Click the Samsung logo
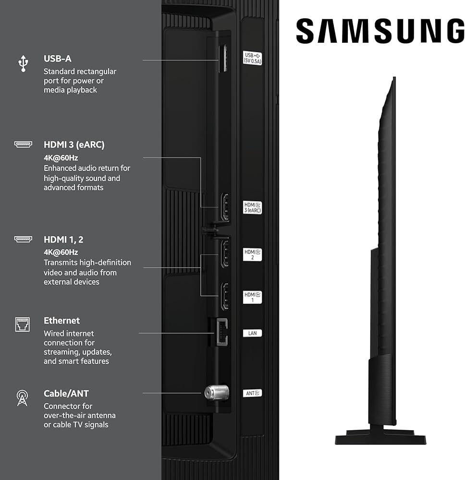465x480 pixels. (380, 32)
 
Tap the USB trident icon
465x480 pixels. (23, 63)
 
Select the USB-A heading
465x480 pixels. (57, 59)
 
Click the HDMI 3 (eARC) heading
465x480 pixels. (73, 144)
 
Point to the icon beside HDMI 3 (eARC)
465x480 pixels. (23, 144)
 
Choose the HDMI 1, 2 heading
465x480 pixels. (63, 240)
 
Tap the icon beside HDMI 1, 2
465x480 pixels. (23, 239)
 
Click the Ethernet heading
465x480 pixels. (61, 320)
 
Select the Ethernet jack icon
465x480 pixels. (23, 324)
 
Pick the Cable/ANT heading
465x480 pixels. (66, 394)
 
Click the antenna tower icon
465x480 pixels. (23, 398)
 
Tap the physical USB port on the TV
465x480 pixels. (223, 59)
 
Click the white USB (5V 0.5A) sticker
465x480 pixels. (252, 58)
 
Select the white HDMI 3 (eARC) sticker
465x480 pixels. (252, 207)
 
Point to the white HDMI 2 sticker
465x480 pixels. (252, 254)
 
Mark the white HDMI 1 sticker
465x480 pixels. (252, 297)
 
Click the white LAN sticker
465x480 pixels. (252, 333)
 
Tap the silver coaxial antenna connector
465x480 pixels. (216, 393)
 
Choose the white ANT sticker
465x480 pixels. (252, 393)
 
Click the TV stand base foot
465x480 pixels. (380, 438)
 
